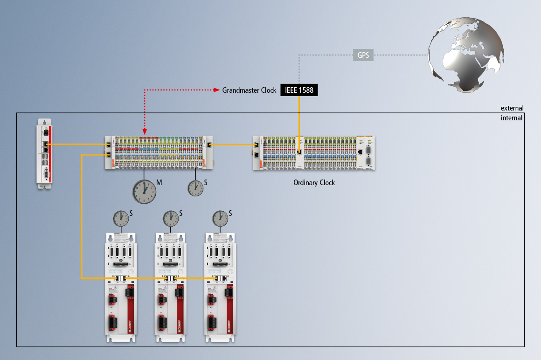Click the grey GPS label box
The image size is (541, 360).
pyautogui.click(x=363, y=55)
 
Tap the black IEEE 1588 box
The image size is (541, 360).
pyautogui.click(x=299, y=90)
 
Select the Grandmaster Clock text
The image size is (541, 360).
pyautogui.click(x=249, y=90)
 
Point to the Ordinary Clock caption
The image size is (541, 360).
pyautogui.click(x=314, y=183)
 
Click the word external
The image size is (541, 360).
pyautogui.click(x=512, y=108)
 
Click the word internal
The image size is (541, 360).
pyautogui.click(x=512, y=118)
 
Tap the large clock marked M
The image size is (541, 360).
pyautogui.click(x=144, y=191)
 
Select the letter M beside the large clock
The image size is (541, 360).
pyautogui.click(x=159, y=183)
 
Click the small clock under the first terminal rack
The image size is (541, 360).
pyautogui.click(x=195, y=187)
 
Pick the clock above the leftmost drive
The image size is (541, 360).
pyautogui.click(x=121, y=218)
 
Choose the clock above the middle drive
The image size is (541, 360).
pyautogui.click(x=171, y=218)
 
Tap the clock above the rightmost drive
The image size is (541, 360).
pyautogui.click(x=220, y=218)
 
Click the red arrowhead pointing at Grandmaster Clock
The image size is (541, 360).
pyautogui.click(x=217, y=90)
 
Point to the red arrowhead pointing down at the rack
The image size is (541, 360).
pyautogui.click(x=145, y=132)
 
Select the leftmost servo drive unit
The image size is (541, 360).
pyautogui.click(x=121, y=287)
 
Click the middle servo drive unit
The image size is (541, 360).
pyautogui.click(x=171, y=287)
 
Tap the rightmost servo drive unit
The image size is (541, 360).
pyautogui.click(x=220, y=287)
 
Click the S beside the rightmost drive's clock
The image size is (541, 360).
pyautogui.click(x=230, y=213)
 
